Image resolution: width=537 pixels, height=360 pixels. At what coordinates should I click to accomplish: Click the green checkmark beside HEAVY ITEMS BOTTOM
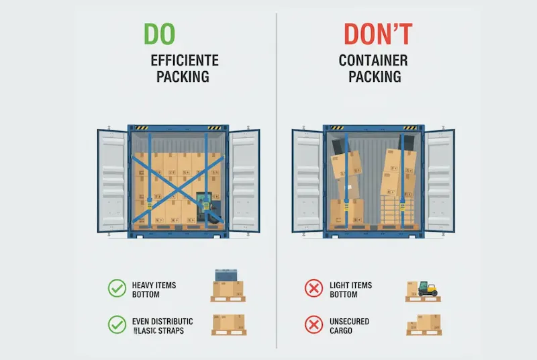tap(117, 289)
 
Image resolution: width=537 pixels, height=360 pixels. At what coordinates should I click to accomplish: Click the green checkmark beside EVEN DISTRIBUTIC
tap(117, 325)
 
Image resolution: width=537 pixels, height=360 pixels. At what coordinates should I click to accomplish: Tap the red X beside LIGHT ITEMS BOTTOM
tap(313, 289)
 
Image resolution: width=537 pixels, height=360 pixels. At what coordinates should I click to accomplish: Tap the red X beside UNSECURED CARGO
tap(313, 325)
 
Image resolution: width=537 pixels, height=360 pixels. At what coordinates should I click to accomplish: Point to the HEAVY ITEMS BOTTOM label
tap(154, 289)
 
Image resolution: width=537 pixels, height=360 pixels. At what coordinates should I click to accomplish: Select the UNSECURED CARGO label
tap(349, 326)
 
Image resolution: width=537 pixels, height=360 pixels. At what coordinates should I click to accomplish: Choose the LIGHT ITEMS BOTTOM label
tap(350, 289)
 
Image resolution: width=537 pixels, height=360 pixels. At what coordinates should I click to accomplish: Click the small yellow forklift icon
tap(426, 288)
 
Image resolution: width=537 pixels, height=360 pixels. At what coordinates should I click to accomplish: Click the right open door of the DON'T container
tap(440, 180)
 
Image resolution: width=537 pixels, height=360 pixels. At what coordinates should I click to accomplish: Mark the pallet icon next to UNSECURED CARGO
tap(424, 325)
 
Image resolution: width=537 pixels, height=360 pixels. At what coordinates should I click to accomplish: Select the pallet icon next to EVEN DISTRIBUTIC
tap(228, 325)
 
